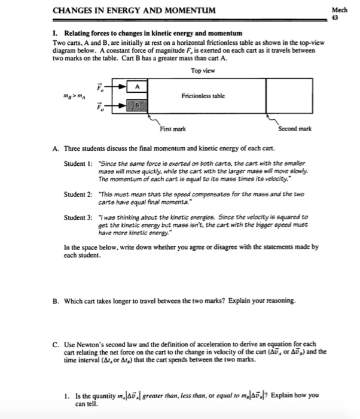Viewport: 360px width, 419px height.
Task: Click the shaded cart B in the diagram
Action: [x=137, y=108]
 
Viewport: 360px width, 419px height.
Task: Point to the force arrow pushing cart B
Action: [x=117, y=108]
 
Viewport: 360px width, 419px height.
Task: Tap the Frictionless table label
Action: [x=203, y=96]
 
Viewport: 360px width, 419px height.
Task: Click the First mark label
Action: [x=172, y=129]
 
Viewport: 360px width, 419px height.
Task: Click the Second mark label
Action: [x=295, y=129]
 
